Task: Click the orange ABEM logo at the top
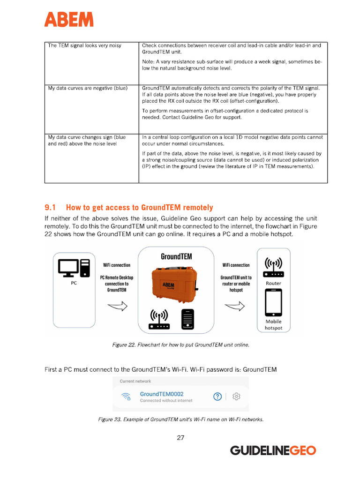(69, 19)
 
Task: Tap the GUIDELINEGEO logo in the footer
(273, 450)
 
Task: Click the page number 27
(180, 438)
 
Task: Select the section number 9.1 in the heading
(50, 207)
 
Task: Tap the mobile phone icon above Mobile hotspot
(274, 303)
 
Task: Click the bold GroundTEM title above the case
(176, 256)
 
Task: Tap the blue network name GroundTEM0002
(162, 394)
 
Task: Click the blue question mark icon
(217, 397)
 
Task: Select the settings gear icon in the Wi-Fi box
(236, 397)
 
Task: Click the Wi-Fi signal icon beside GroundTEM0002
(126, 397)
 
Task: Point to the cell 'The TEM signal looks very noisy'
(85, 45)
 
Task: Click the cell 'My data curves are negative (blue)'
(88, 88)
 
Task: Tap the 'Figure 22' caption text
(180, 345)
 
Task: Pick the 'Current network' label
(136, 381)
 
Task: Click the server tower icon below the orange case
(188, 320)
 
